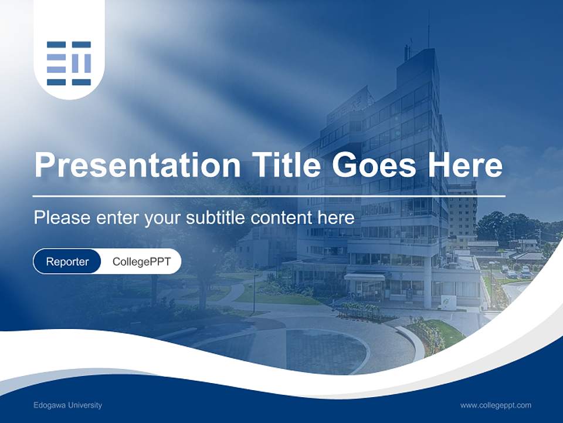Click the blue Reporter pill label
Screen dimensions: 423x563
67,261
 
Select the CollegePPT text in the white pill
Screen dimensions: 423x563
141,261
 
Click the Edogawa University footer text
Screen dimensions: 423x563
68,405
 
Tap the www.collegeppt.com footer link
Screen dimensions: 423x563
496,405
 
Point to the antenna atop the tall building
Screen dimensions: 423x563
428,29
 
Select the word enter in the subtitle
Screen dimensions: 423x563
110,218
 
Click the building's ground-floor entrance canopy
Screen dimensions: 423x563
364,276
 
